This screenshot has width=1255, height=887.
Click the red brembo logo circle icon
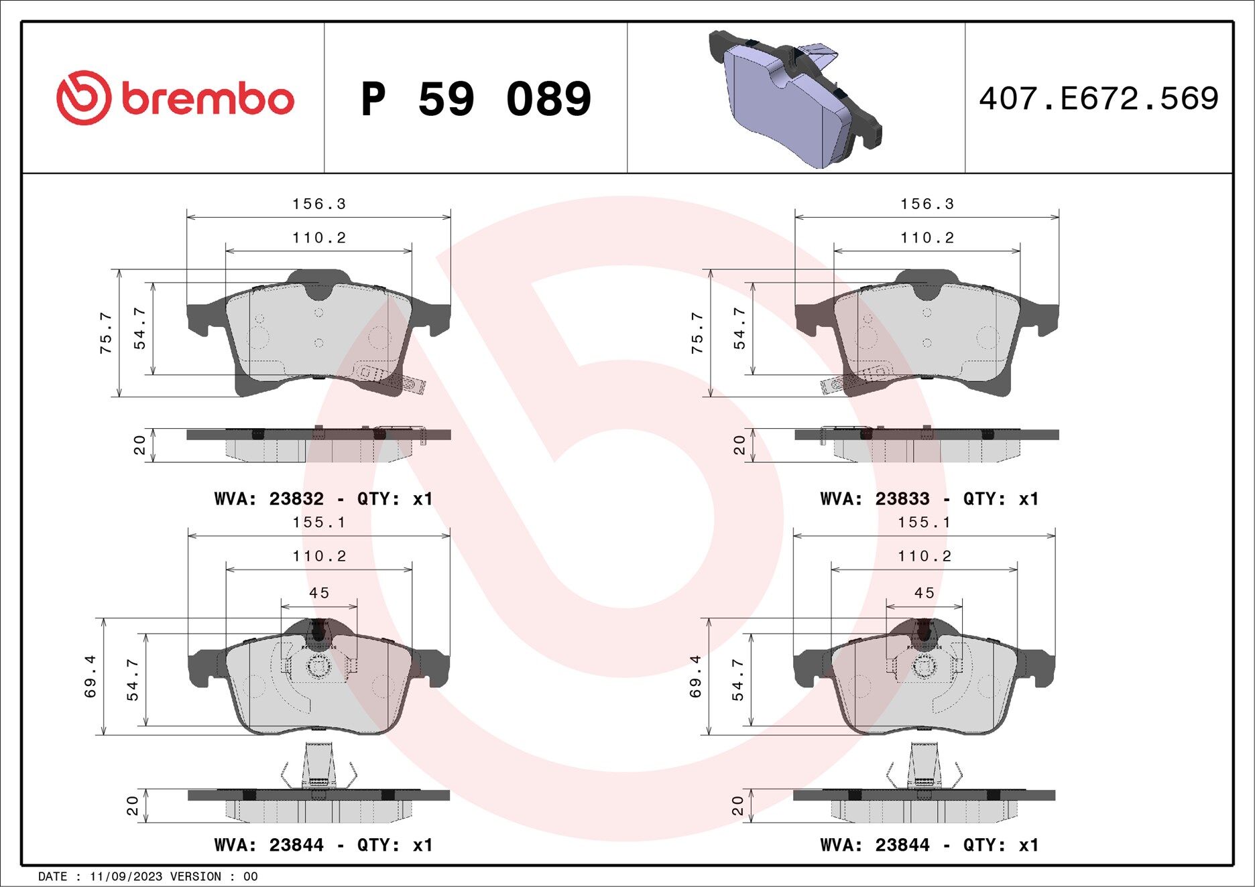click(x=83, y=98)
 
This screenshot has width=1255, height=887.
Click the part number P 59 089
click(x=475, y=99)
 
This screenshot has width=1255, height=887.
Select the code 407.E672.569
click(x=1098, y=98)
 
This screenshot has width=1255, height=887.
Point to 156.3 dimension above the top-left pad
click(x=318, y=204)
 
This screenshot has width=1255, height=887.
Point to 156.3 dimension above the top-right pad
click(x=927, y=204)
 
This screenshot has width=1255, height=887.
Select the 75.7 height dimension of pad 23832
click(x=106, y=333)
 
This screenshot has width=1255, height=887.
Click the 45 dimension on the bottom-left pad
click(x=319, y=593)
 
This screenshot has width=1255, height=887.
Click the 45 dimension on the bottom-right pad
click(x=924, y=593)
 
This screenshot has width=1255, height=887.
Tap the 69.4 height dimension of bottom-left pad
click(x=91, y=677)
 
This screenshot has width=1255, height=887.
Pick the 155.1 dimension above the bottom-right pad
click(x=924, y=522)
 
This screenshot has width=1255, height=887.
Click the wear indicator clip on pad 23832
click(x=402, y=381)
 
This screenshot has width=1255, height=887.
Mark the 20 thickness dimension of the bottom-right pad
click(x=737, y=805)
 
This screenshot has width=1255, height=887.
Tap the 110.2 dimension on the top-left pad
click(x=318, y=238)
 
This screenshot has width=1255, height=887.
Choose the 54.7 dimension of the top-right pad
click(x=739, y=328)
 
